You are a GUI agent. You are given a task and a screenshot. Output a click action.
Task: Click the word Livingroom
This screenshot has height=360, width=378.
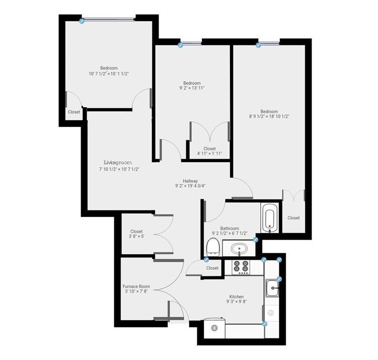coord(117,163)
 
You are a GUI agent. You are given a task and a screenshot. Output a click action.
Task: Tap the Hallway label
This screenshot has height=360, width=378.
coord(190,181)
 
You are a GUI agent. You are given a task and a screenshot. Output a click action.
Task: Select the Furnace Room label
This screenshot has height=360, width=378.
coord(137,286)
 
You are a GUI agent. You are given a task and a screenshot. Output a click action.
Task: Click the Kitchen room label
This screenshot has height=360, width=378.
coord(236,297)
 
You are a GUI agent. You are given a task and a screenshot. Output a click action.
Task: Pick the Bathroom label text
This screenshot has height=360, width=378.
coord(230,228)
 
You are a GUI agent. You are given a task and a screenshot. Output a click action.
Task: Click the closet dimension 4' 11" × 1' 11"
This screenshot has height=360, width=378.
coord(209,154)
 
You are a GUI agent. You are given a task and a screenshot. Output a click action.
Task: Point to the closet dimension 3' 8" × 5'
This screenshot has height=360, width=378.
coord(136,237)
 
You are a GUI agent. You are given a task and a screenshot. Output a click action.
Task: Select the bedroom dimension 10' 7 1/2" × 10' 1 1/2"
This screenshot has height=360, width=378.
coord(109,74)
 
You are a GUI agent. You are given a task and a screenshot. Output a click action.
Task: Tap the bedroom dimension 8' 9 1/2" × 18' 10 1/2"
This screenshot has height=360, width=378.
coord(269,116)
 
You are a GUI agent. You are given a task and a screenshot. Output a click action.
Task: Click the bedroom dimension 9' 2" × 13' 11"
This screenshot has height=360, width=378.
coord(191,88)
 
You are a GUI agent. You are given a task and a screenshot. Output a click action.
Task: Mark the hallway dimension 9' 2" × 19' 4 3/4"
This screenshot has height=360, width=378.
coord(190,186)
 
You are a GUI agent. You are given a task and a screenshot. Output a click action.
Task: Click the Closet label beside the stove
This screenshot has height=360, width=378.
coord(213,268)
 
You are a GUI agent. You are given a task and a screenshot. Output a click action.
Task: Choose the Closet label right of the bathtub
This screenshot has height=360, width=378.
coord(293,218)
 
